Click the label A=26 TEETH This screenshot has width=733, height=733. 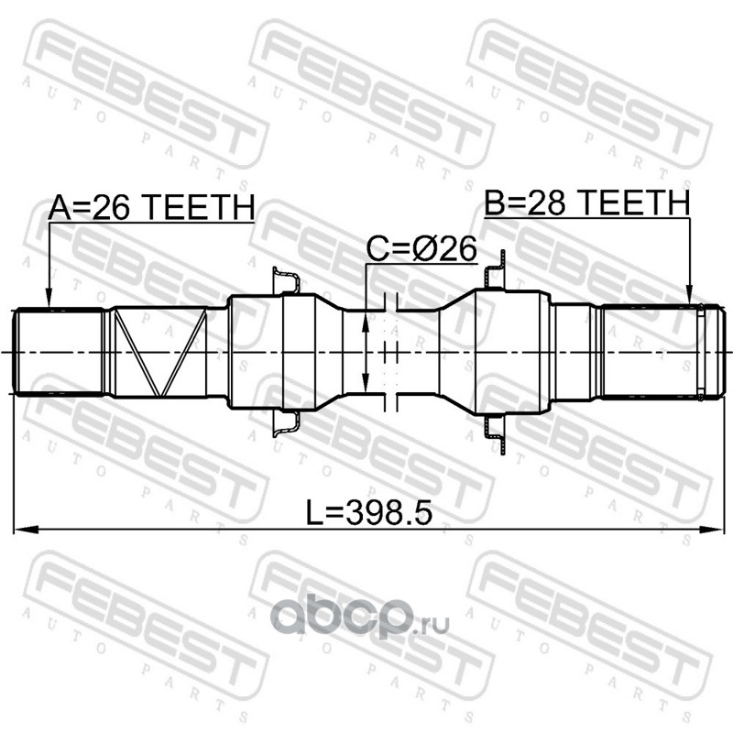click(x=151, y=207)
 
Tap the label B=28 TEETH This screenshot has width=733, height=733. click(x=587, y=202)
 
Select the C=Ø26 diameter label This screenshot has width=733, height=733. click(x=421, y=248)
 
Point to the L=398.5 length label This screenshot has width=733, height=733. click(x=369, y=512)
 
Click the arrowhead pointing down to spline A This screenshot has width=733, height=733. click(x=49, y=300)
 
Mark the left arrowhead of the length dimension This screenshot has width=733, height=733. click(x=26, y=530)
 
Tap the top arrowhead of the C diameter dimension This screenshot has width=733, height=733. click(x=366, y=322)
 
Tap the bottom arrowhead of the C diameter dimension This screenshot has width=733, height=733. click(x=366, y=382)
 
